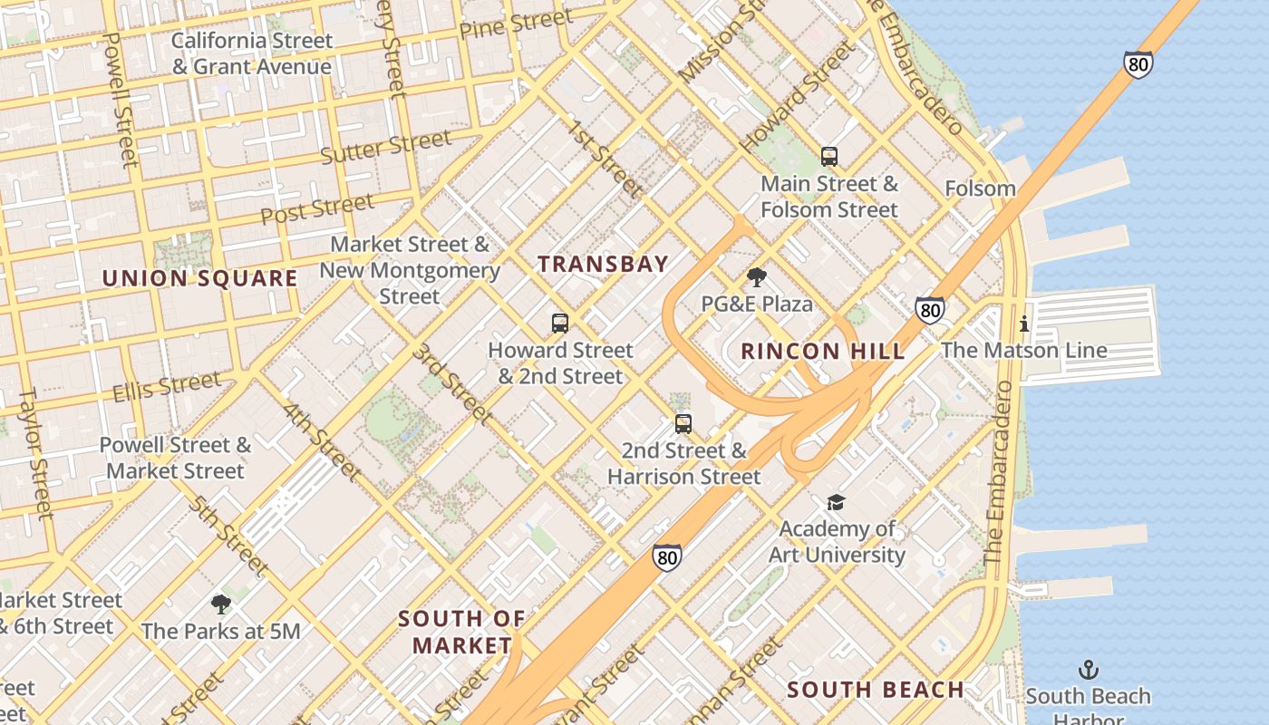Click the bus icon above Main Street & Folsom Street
coord(828,157)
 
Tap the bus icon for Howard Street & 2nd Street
coord(560,324)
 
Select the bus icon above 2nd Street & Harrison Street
coord(683,424)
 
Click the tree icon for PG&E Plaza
coord(757,277)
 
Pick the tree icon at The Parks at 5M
coord(220,604)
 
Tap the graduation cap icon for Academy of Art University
coord(836,502)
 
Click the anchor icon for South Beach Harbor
coord(1088,671)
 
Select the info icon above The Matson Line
coord(1024,324)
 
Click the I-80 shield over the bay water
coord(1138,64)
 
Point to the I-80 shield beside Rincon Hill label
coord(929,311)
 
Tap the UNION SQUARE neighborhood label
coord(199,278)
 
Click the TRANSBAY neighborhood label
coord(603,265)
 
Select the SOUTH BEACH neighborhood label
coord(875,690)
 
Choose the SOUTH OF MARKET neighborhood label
coord(461,632)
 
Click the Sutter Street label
coord(386,148)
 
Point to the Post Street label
coord(317,209)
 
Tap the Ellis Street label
coord(167,387)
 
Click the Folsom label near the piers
coord(980,188)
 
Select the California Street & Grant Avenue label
coord(252,53)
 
